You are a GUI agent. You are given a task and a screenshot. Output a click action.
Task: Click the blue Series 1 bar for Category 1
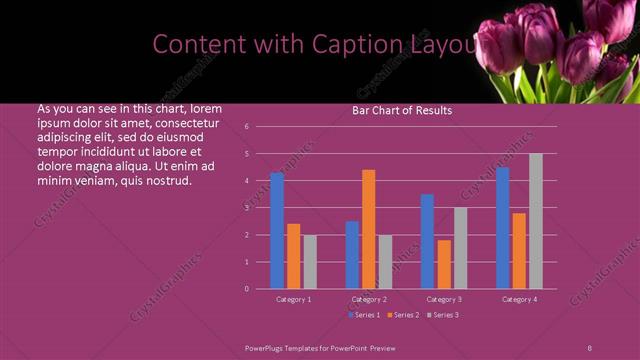click(277, 230)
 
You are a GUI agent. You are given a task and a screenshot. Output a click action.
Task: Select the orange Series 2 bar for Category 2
click(369, 229)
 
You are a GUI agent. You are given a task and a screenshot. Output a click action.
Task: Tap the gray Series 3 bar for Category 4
click(536, 221)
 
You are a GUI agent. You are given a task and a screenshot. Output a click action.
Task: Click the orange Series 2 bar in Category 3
click(444, 264)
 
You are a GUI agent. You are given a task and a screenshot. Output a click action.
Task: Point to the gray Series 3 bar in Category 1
click(310, 261)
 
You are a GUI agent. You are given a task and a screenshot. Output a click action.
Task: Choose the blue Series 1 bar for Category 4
click(503, 228)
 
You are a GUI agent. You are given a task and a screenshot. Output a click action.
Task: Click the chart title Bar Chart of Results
click(402, 110)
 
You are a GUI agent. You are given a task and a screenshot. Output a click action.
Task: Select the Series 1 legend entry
click(363, 315)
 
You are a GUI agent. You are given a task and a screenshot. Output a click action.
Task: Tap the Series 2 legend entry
click(403, 315)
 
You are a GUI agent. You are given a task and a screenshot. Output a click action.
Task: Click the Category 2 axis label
click(369, 299)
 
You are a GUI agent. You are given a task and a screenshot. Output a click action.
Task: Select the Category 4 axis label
click(519, 299)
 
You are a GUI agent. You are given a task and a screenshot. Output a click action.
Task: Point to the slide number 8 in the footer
click(589, 346)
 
